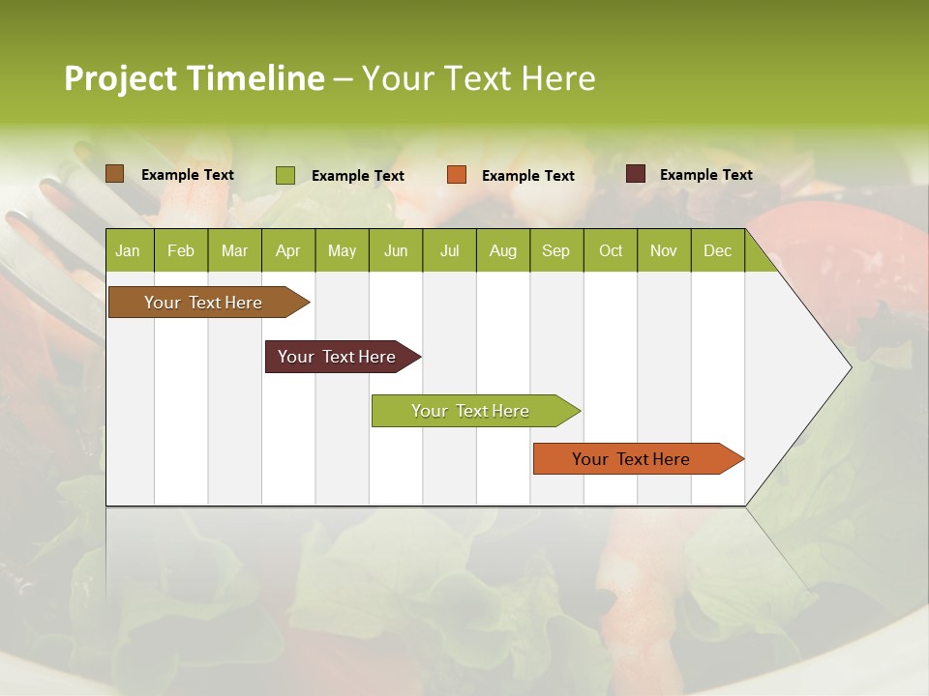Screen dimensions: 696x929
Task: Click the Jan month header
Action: click(129, 250)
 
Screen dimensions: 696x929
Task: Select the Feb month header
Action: click(181, 250)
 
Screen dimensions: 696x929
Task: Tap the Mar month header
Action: click(234, 250)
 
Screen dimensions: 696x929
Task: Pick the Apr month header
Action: click(288, 250)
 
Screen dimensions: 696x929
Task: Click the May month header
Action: click(342, 250)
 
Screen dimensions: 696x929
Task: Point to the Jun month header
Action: click(396, 250)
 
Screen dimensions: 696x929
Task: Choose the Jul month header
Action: click(449, 250)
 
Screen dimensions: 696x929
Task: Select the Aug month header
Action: click(503, 250)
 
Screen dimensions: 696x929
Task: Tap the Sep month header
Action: click(556, 250)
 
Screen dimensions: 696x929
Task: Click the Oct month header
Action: click(611, 250)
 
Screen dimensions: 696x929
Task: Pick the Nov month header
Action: click(664, 250)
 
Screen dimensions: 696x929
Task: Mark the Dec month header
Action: click(718, 250)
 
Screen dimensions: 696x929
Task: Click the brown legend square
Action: click(115, 174)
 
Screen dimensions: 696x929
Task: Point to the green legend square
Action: click(285, 175)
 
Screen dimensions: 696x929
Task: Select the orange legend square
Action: click(457, 175)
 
